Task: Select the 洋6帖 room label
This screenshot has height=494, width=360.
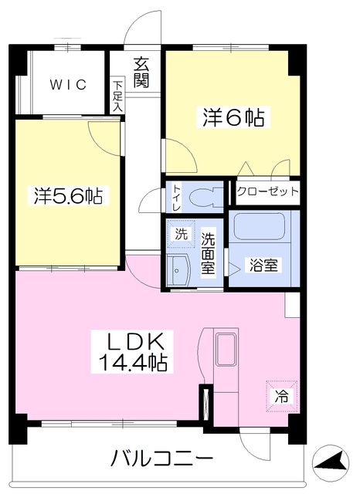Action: (x=233, y=117)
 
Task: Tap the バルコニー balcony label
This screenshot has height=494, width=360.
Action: (x=161, y=459)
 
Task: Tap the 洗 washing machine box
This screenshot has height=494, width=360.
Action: (x=180, y=233)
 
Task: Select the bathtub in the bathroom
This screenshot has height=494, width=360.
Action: (x=260, y=228)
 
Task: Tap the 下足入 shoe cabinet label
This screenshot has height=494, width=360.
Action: (x=117, y=96)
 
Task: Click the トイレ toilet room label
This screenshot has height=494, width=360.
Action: (x=177, y=195)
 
